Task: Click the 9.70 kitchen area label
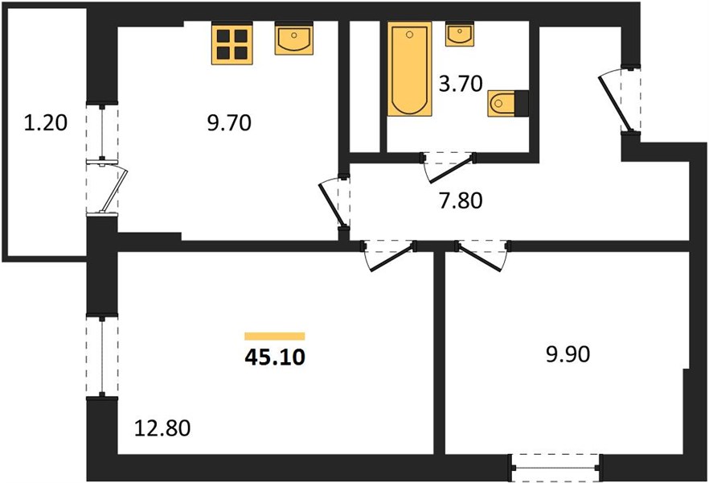229,122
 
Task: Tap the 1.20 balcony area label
45,122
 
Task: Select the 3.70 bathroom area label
461,84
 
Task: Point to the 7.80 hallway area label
461,200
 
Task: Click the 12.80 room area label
162,427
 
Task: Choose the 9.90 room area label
568,354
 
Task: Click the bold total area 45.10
275,357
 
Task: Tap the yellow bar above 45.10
274,336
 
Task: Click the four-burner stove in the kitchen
232,43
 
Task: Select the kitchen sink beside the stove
294,39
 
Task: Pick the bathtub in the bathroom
409,68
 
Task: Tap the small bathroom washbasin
460,34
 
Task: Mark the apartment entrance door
620,100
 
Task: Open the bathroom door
449,167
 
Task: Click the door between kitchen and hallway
334,202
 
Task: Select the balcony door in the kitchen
109,187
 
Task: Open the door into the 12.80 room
389,255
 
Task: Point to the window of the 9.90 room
555,468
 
